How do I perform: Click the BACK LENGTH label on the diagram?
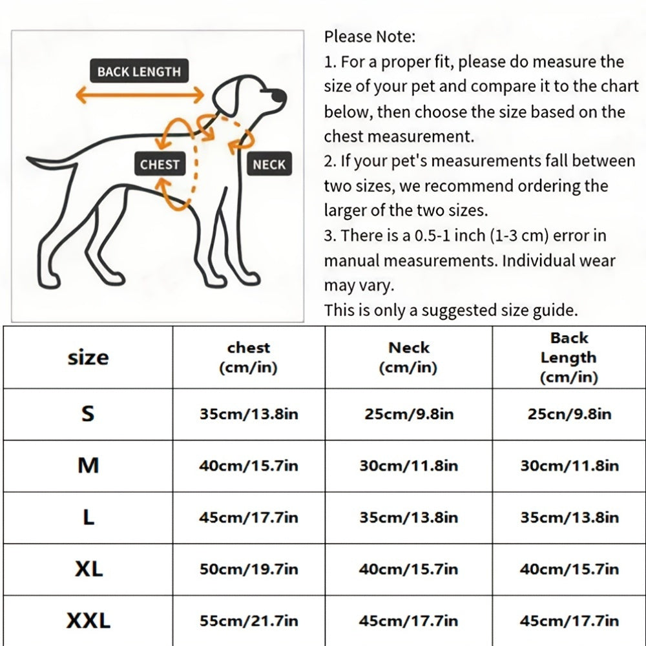click(140, 71)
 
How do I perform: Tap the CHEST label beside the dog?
click(160, 164)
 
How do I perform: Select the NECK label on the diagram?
click(269, 164)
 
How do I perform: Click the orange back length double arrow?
click(140, 95)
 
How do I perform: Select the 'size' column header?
click(88, 358)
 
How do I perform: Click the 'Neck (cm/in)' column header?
click(408, 357)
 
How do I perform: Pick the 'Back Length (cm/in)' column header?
click(569, 357)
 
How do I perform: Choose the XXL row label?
click(88, 620)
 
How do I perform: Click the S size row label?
click(88, 413)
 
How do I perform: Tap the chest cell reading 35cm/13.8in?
click(249, 413)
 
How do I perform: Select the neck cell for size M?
click(408, 466)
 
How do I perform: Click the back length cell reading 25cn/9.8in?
click(569, 413)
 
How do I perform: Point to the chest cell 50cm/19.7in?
click(249, 569)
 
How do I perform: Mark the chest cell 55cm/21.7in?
click(249, 620)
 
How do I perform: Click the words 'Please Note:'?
click(370, 37)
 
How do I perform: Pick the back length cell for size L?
click(569, 517)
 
